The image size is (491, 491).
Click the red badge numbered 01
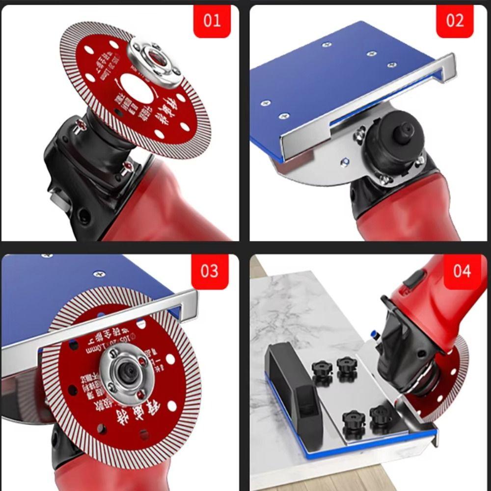point(212,22)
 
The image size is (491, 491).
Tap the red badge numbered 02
point(455,21)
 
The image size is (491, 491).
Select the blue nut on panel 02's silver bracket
point(345,161)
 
